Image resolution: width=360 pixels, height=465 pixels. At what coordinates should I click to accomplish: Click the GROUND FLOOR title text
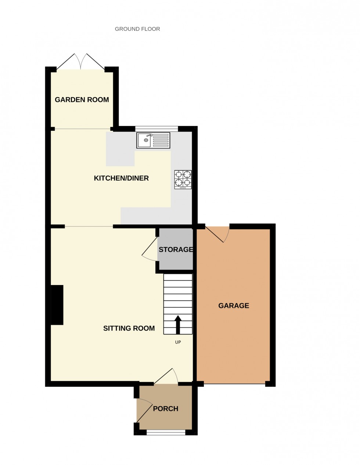pos(137,29)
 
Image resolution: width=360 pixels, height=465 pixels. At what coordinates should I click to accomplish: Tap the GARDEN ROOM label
pos(82,100)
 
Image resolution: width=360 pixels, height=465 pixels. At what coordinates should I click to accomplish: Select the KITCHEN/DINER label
pos(121,179)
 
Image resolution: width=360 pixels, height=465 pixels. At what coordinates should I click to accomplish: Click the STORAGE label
pos(176,250)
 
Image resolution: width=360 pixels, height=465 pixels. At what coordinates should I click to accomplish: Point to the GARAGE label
pos(234,306)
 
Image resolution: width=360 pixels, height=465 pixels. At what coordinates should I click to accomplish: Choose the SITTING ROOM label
pos(129,328)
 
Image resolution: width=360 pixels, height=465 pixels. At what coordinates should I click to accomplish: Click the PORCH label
pos(166,409)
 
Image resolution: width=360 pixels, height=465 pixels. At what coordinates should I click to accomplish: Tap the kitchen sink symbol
pos(153,140)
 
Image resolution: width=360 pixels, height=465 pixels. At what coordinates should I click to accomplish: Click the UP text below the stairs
pos(178,342)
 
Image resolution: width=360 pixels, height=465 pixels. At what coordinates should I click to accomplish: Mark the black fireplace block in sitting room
pos(57,305)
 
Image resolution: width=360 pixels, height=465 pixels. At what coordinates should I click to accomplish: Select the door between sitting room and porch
pos(166,377)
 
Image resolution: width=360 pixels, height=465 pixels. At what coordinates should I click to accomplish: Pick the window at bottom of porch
pos(166,433)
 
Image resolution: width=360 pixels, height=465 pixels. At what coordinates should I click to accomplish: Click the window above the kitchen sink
pos(156,129)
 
